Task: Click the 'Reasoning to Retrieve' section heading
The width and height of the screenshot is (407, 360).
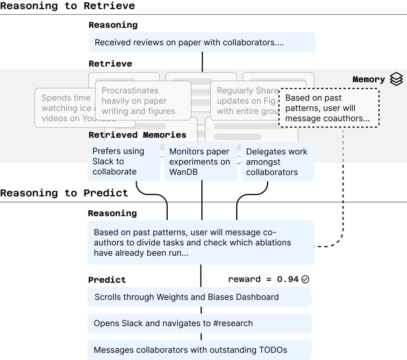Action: click(68, 6)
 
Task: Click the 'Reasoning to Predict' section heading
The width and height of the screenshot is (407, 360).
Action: click(64, 193)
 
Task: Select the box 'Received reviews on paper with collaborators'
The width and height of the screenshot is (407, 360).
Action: click(202, 43)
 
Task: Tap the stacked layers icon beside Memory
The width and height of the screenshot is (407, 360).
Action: click(396, 79)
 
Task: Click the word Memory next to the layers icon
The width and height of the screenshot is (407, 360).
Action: click(368, 80)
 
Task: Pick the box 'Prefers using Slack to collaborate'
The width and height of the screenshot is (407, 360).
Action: click(124, 162)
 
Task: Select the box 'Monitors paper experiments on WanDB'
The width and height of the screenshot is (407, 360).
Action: click(201, 162)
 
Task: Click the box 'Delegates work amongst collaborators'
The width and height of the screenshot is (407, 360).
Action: click(277, 162)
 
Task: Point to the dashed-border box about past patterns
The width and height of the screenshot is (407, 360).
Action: click(329, 108)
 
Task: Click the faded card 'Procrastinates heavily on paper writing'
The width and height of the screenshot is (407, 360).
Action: click(143, 101)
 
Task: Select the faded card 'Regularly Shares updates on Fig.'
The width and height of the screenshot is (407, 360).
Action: click(244, 101)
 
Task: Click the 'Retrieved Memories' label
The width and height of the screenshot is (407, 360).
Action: click(137, 135)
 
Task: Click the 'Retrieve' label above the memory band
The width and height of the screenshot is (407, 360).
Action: click(110, 64)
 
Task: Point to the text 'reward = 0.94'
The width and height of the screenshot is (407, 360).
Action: click(263, 279)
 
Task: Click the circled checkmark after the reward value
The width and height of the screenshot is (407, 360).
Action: click(305, 279)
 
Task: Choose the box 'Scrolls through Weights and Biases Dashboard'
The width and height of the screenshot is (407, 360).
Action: click(200, 297)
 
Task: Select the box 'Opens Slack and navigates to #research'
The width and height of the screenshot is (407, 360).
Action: click(200, 323)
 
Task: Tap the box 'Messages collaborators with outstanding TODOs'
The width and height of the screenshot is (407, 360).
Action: click(200, 350)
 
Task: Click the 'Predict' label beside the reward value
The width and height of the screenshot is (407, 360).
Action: click(107, 280)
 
